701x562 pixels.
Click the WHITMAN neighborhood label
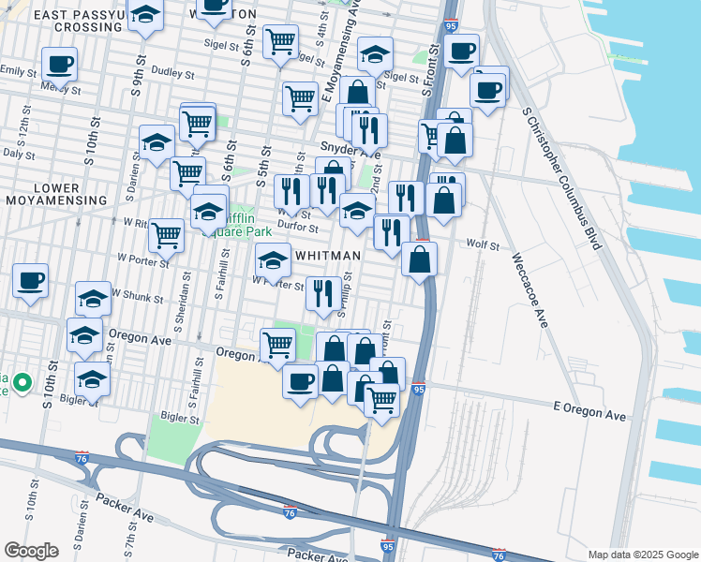coord(328,255)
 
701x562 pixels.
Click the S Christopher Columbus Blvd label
coord(561,178)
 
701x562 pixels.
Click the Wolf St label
coord(482,245)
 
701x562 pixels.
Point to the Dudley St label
coord(172,73)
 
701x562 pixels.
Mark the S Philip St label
coord(346,291)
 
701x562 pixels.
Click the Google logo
coord(30,550)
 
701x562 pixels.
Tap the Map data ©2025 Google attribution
coord(642,555)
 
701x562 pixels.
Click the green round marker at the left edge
coord(22,383)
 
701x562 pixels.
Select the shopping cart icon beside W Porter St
coord(166,234)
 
